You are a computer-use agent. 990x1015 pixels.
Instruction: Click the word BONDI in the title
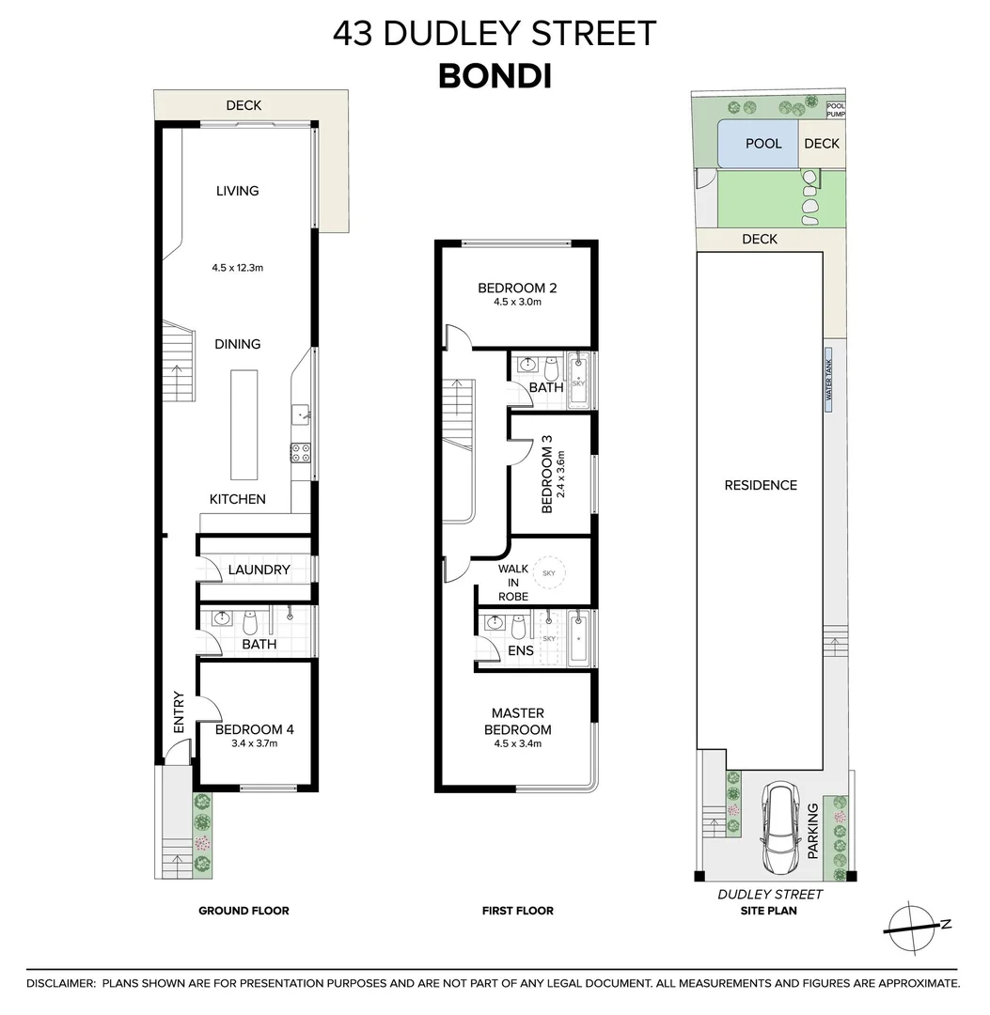pos(495,76)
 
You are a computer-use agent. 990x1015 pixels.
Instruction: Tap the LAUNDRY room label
pos(259,570)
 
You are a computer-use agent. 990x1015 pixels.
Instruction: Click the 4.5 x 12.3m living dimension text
pos(237,268)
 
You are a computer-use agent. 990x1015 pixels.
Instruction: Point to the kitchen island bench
pos(244,424)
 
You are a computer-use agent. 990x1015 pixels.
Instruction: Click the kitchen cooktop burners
pos(301,452)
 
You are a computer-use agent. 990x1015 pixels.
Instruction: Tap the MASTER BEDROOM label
pos(517,721)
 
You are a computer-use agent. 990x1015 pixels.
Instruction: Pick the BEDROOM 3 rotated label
pos(546,479)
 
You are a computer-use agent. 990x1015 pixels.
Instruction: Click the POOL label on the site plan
pos(763,144)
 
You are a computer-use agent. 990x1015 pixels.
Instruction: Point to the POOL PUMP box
pos(836,110)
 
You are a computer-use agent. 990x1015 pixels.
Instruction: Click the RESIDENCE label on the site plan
pos(761,485)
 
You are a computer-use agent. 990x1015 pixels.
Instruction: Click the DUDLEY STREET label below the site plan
pos(770,895)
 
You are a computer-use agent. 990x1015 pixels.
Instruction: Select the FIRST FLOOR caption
pos(517,911)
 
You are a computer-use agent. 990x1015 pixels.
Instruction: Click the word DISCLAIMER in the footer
pos(60,983)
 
